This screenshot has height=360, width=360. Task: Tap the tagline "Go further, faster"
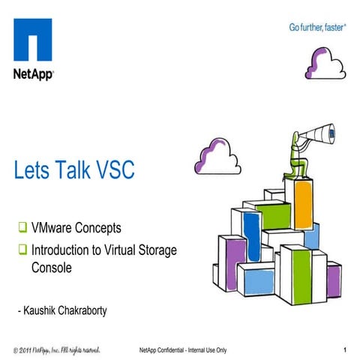pos(317,28)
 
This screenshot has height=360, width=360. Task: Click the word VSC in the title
pos(111,170)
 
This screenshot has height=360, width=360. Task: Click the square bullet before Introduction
pos(22,250)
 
